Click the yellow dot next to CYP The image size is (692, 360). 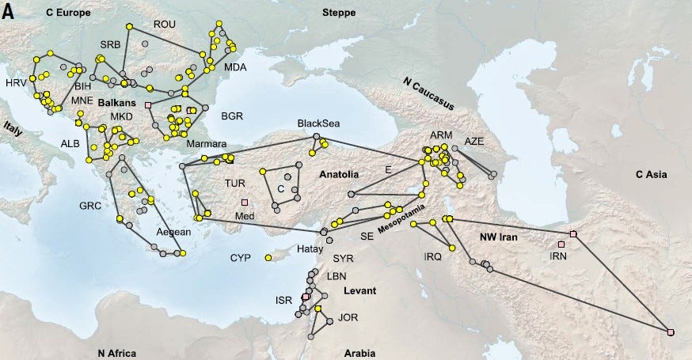268,258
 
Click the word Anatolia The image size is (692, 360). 340,174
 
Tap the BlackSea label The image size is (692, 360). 317,124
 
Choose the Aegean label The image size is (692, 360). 173,232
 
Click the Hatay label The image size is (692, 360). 310,248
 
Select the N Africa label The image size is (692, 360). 117,353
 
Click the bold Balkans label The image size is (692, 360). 117,104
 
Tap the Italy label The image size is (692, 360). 13,130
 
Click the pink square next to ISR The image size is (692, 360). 306,297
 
